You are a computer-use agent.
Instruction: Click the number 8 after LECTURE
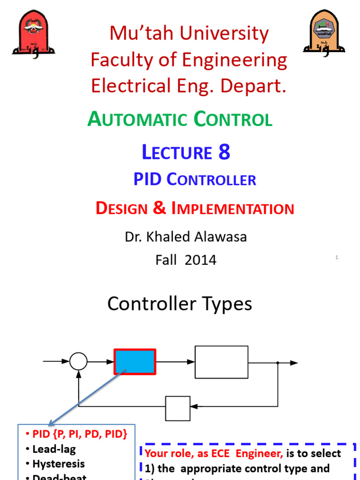(224, 152)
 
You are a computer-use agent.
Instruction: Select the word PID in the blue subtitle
(148, 179)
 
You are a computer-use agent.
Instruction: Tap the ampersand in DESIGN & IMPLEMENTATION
(159, 209)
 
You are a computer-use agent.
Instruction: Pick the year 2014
(201, 260)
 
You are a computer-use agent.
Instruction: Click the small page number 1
(337, 257)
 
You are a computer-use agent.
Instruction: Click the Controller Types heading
(180, 304)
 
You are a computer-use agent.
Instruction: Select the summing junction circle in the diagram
(78, 362)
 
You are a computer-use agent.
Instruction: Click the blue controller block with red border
(135, 362)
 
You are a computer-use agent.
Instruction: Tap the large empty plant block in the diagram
(221, 362)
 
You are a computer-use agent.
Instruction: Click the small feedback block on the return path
(178, 408)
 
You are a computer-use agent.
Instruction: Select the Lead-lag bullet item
(54, 449)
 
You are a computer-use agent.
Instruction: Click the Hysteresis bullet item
(59, 464)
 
